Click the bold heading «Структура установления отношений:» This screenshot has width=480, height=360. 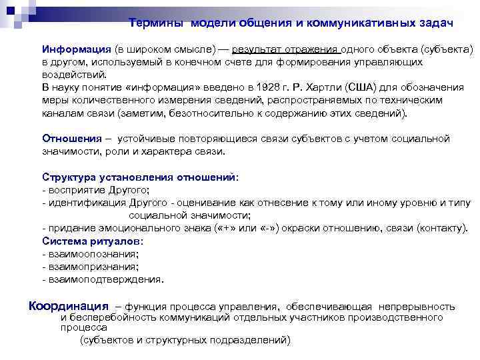click(140, 177)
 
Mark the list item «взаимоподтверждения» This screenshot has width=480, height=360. click(105, 279)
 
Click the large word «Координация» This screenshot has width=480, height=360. click(68, 307)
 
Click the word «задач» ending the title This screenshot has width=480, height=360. click(436, 23)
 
